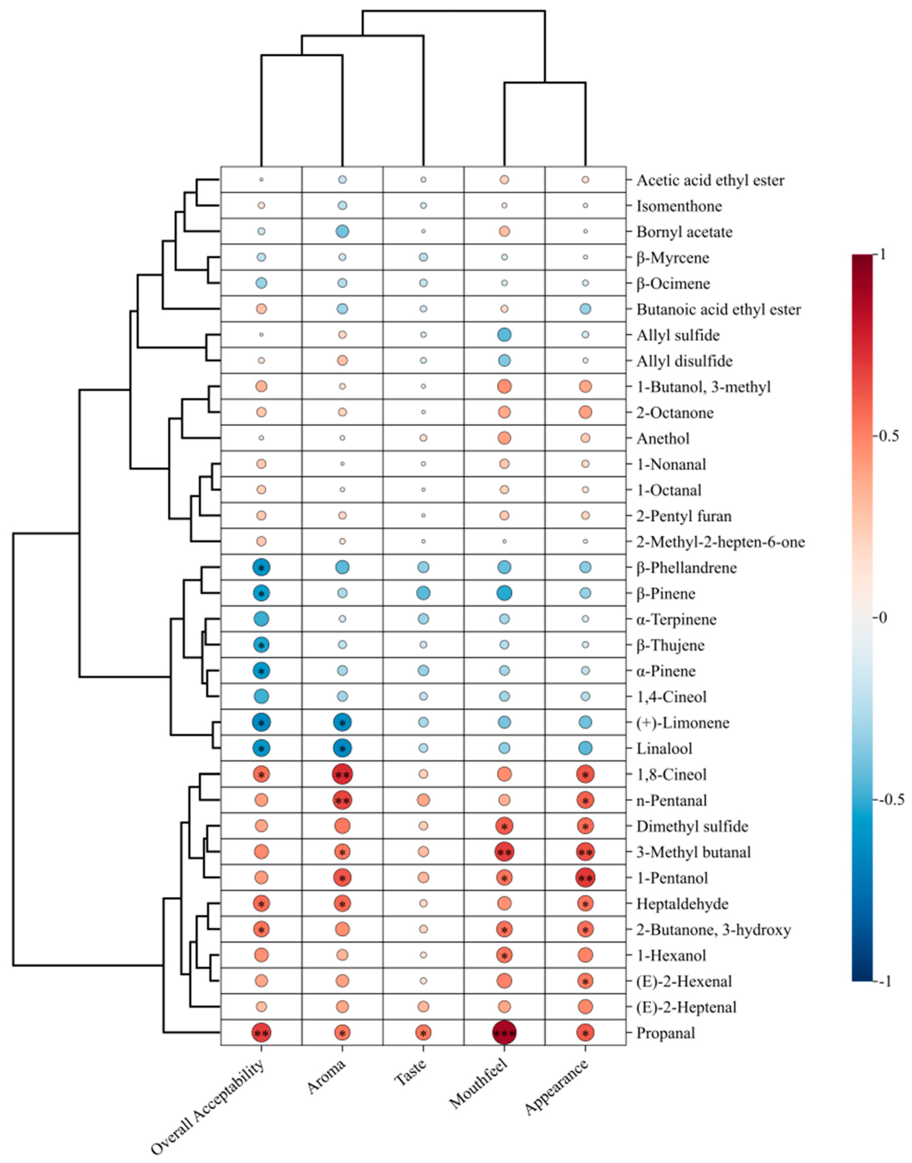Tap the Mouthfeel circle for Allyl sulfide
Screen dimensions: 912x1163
click(x=505, y=335)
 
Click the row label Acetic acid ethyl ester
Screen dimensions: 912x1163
click(x=710, y=180)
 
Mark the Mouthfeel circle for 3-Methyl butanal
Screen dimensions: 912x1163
click(x=505, y=852)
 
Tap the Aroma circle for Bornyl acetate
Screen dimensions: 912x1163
click(x=342, y=231)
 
